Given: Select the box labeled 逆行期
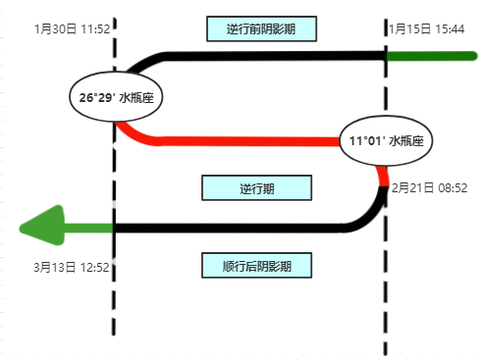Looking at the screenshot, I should tap(256, 187).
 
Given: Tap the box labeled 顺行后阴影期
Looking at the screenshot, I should tap(256, 265).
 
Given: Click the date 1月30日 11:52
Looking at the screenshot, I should tap(71, 29).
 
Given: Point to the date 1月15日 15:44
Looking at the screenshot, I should tap(426, 29).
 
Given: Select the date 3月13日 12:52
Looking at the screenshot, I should tap(71, 266).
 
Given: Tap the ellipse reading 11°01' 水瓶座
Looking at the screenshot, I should tap(386, 141).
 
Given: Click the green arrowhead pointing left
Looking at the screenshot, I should tap(41, 229).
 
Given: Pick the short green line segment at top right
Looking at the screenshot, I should tap(430, 56).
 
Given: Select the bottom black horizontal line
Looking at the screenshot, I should tap(226, 229).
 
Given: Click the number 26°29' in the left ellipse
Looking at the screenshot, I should tap(98, 97).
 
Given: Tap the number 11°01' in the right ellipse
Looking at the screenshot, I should tap(367, 141).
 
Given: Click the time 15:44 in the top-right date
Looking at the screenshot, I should tap(448, 29).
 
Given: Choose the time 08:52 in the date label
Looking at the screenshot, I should tap(451, 186).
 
